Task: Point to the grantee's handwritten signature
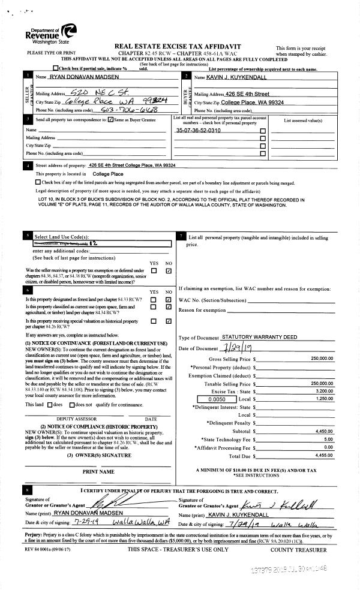tap(288, 502)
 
